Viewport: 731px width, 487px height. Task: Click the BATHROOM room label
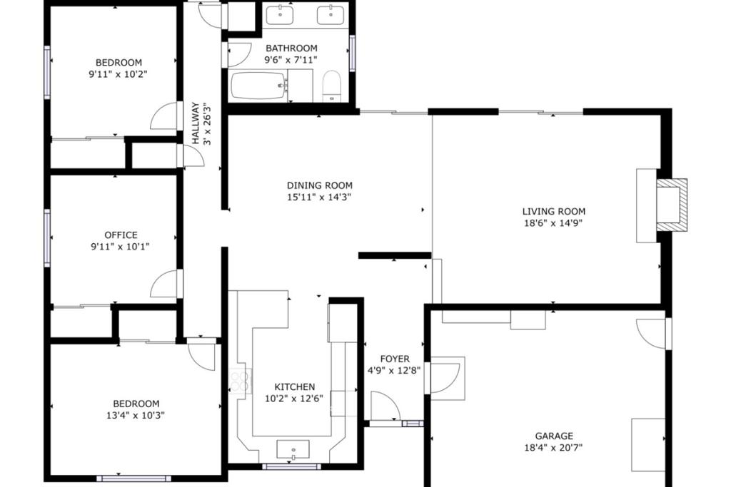pyautogui.click(x=291, y=48)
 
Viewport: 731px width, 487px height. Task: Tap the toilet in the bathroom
pyautogui.click(x=332, y=86)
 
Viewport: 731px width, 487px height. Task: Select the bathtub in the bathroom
pyautogui.click(x=258, y=85)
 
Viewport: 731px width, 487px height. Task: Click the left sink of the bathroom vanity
pyautogui.click(x=280, y=14)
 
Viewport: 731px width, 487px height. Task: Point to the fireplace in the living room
pyautogui.click(x=671, y=205)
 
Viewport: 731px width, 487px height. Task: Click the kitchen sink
pyautogui.click(x=293, y=449)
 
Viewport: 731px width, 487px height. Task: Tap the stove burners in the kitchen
pyautogui.click(x=240, y=380)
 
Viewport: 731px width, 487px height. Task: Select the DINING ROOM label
pyautogui.click(x=319, y=185)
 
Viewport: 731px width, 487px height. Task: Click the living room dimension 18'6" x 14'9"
pyautogui.click(x=553, y=223)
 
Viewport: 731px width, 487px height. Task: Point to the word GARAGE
pyautogui.click(x=554, y=436)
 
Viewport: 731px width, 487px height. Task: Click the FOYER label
pyautogui.click(x=395, y=359)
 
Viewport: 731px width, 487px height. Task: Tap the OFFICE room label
pyautogui.click(x=121, y=235)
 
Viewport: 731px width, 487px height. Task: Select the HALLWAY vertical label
pyautogui.click(x=196, y=123)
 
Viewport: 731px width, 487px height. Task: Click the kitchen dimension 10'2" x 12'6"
pyautogui.click(x=293, y=399)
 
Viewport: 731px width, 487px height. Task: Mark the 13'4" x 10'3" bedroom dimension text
pyautogui.click(x=135, y=415)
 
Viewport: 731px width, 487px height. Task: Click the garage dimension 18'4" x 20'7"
pyautogui.click(x=553, y=448)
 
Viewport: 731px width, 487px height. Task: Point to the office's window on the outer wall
pyautogui.click(x=47, y=238)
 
